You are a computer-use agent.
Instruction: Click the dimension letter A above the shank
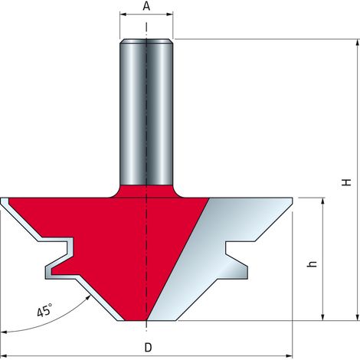tap(146, 6)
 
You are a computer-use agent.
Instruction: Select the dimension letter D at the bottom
tap(148, 347)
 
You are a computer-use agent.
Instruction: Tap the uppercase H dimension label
tap(346, 182)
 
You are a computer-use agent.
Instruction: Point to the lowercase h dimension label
tap(312, 264)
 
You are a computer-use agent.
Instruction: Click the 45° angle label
tap(44, 310)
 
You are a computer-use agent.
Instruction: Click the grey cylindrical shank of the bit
tap(146, 113)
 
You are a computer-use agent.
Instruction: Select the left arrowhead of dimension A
tap(123, 15)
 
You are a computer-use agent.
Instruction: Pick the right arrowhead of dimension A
tap(170, 15)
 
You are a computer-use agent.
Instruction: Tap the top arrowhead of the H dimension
tap(358, 43)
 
